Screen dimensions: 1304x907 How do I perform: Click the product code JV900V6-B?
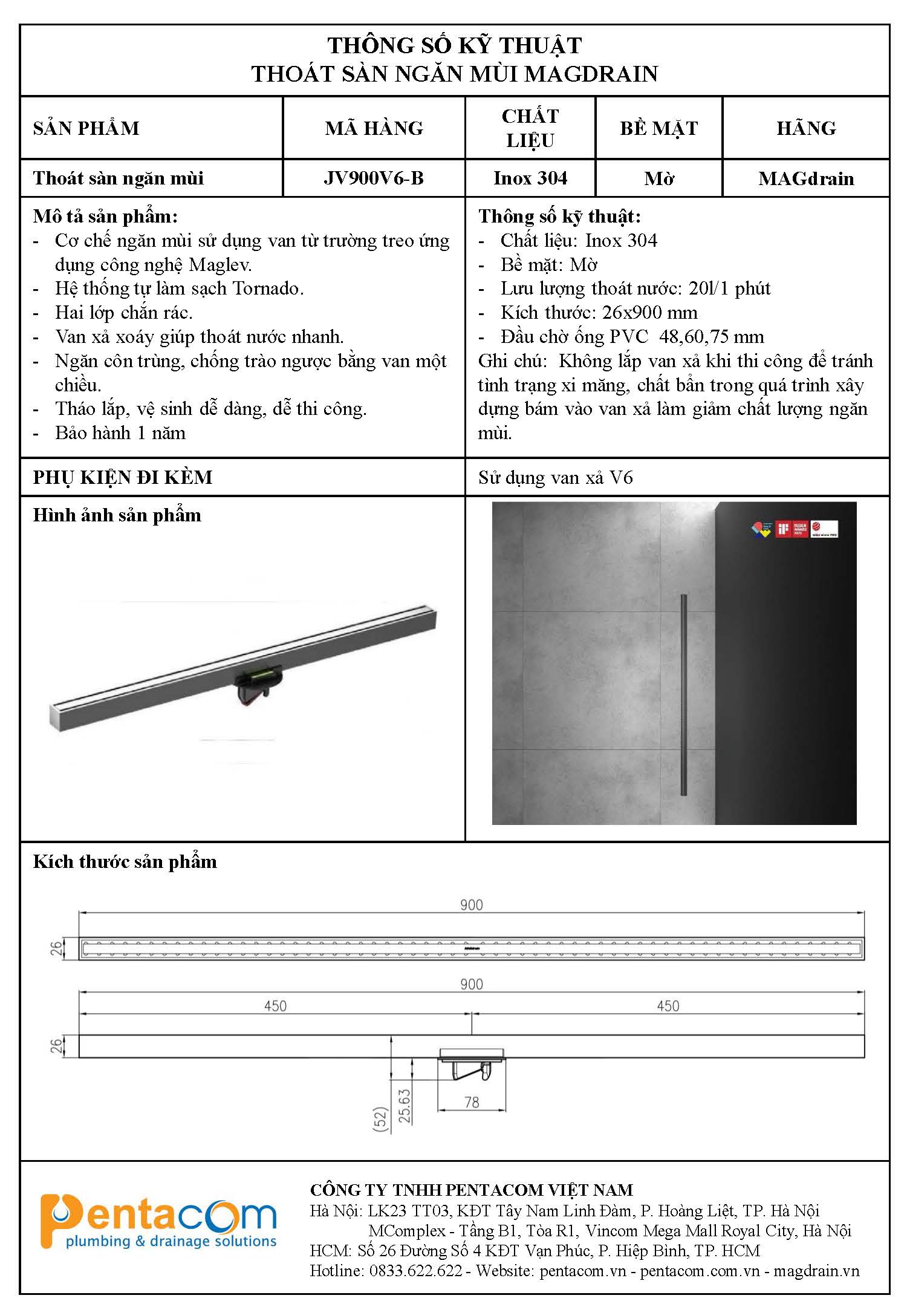[x=374, y=178]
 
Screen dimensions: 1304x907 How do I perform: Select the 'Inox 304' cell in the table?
[x=530, y=178]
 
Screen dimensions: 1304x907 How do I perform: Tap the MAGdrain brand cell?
[x=806, y=179]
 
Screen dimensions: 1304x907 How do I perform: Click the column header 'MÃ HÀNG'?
[x=374, y=128]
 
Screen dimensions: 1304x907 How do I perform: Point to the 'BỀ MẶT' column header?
[x=658, y=128]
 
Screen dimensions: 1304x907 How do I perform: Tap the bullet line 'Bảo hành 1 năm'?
[x=120, y=433]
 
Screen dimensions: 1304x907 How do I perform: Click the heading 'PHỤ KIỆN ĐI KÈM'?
[x=123, y=477]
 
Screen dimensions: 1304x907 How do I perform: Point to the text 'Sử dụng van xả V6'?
[x=555, y=478]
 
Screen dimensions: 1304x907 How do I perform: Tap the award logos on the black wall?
[x=794, y=529]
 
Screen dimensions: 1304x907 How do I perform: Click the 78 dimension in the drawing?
[x=472, y=1103]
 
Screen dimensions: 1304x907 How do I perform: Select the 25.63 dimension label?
[x=405, y=1106]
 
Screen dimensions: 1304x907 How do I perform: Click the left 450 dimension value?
[x=275, y=1006]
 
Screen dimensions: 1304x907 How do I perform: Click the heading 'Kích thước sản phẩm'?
[x=125, y=862]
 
